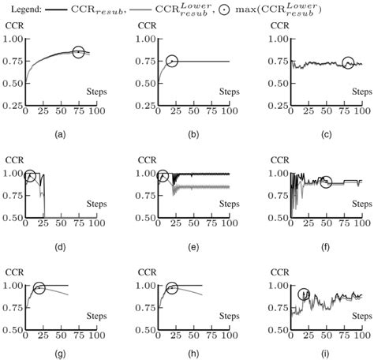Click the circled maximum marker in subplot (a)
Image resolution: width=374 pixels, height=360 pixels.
(x=78, y=52)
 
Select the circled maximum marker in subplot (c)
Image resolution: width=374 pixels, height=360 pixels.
(x=348, y=62)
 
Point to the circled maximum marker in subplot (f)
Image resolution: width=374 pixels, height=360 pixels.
(x=326, y=182)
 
